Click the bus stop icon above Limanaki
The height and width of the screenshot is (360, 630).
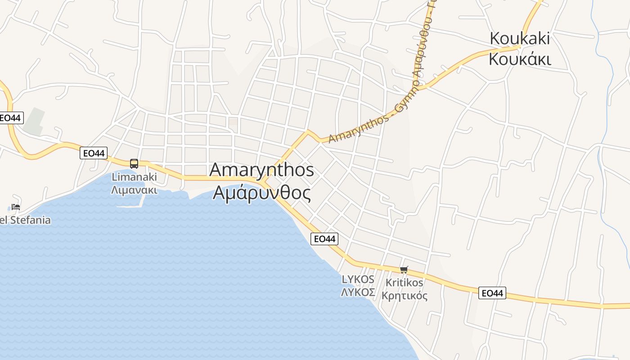pyautogui.click(x=134, y=163)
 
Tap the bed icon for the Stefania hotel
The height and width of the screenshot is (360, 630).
pyautogui.click(x=16, y=207)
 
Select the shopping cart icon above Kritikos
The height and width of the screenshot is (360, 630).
pyautogui.click(x=404, y=270)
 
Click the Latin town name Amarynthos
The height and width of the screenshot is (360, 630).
pyautogui.click(x=261, y=170)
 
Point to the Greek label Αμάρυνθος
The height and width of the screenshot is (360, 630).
pyautogui.click(x=261, y=193)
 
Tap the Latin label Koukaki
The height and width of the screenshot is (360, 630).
pyautogui.click(x=520, y=38)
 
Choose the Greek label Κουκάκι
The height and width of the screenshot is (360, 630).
pyautogui.click(x=520, y=59)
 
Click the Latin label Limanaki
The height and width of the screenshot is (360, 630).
pyautogui.click(x=134, y=177)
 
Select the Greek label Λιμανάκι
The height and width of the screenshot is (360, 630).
pyautogui.click(x=134, y=189)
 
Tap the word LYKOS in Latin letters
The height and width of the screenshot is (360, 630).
pyautogui.click(x=358, y=279)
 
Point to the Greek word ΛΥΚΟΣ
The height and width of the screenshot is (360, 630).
pyautogui.click(x=358, y=292)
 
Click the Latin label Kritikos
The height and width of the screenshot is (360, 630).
pyautogui.click(x=404, y=283)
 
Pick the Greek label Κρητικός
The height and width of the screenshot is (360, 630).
pyautogui.click(x=404, y=296)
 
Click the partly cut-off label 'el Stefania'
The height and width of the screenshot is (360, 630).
pyautogui.click(x=25, y=220)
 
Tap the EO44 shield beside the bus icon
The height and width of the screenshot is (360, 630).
pyautogui.click(x=94, y=153)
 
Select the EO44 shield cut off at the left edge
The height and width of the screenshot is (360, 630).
pyautogui.click(x=10, y=118)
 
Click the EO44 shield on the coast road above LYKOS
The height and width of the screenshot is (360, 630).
pyautogui.click(x=324, y=239)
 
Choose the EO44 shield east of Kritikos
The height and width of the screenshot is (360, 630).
pyautogui.click(x=492, y=293)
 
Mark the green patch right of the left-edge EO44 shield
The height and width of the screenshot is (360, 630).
pyautogui.click(x=34, y=121)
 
